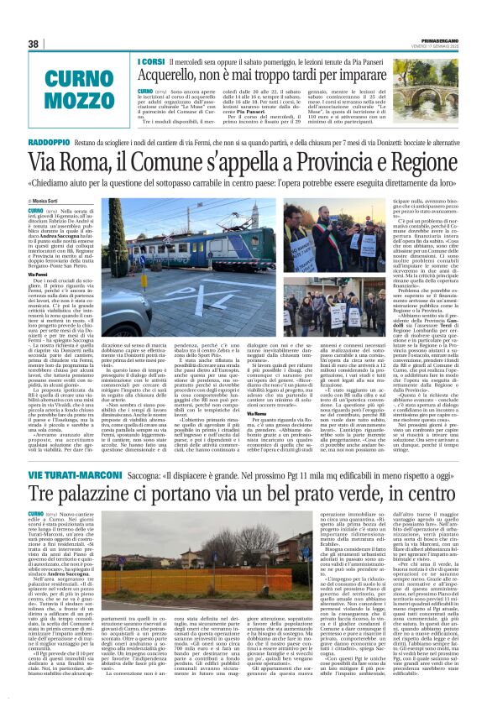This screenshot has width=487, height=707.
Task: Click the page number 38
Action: (34, 44)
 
